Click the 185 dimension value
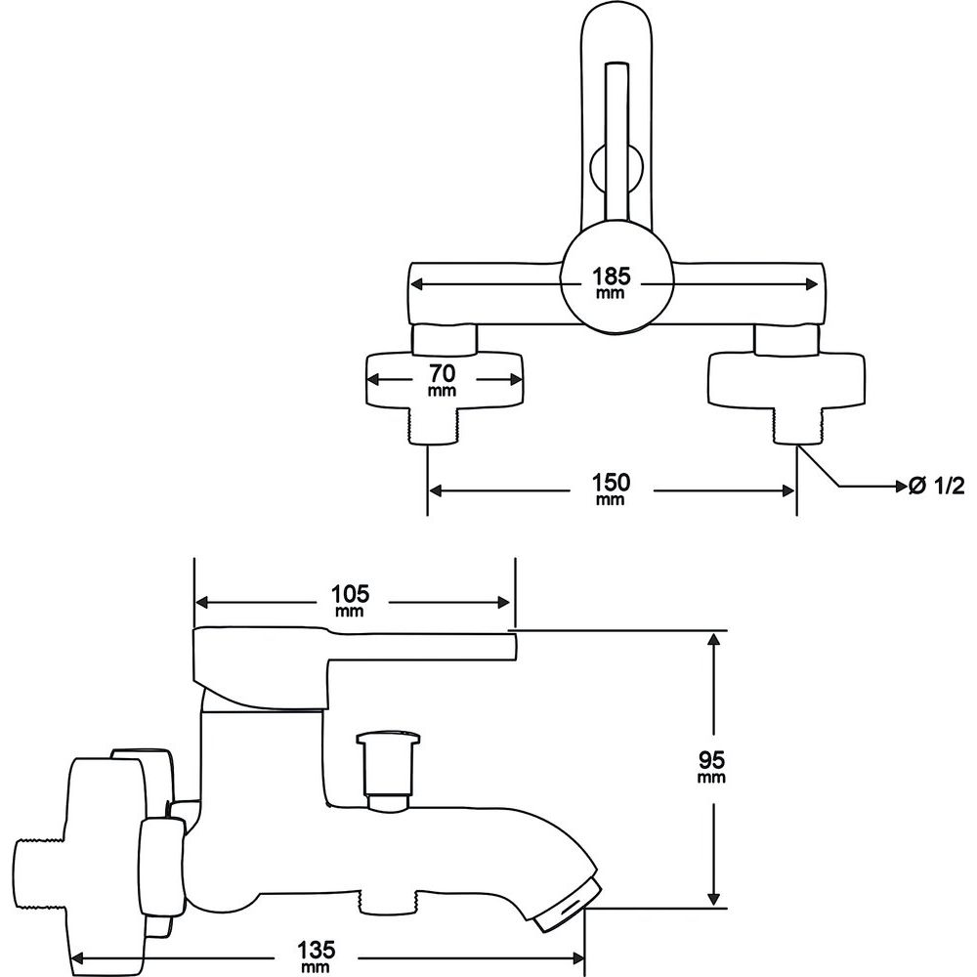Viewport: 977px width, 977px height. pyautogui.click(x=611, y=276)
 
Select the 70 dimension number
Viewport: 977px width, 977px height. pyautogui.click(x=442, y=374)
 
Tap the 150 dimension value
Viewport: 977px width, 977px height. pyautogui.click(x=611, y=483)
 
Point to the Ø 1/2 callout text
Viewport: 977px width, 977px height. pyautogui.click(x=937, y=486)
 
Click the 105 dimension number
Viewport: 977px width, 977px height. pyautogui.click(x=350, y=593)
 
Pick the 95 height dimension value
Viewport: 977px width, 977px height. pyautogui.click(x=711, y=759)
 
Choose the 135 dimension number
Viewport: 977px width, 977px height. pyautogui.click(x=316, y=951)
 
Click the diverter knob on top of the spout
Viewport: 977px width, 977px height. pyautogui.click(x=386, y=772)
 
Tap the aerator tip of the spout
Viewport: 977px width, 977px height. pyautogui.click(x=567, y=909)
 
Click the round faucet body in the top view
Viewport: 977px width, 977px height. pyautogui.click(x=616, y=282)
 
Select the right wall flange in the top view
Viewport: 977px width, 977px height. pyautogui.click(x=786, y=379)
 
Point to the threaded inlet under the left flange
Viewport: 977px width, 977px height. pyautogui.click(x=433, y=426)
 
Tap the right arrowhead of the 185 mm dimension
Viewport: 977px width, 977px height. pyautogui.click(x=811, y=284)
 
